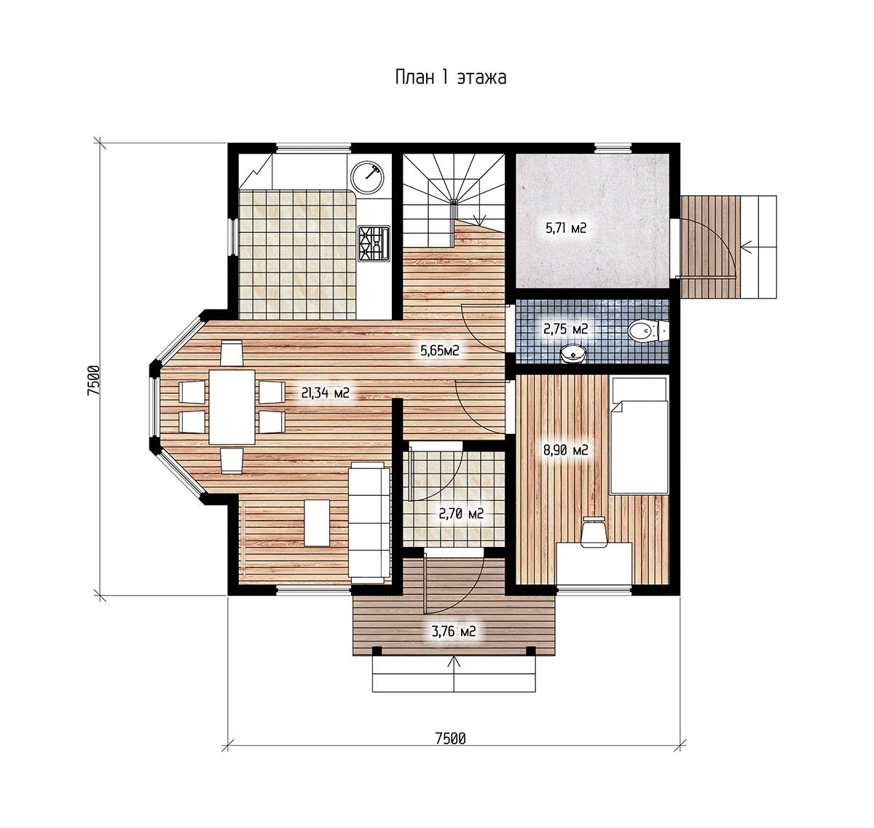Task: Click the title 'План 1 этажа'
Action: point(450,77)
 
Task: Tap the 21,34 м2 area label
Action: point(325,393)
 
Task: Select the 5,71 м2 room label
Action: point(566,228)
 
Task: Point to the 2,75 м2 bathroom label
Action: point(565,329)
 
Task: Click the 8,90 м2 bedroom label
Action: point(565,450)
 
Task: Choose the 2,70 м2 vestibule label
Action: point(461,514)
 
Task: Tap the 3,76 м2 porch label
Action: point(454,631)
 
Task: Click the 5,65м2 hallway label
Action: point(440,351)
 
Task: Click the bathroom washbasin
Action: point(572,355)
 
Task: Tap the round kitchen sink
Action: point(367,178)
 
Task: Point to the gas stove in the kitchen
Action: point(374,243)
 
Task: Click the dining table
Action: point(232,406)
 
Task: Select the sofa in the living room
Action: point(367,522)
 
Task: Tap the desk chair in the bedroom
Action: point(594,532)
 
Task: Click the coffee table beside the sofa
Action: point(317,523)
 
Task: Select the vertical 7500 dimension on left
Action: point(94,381)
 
